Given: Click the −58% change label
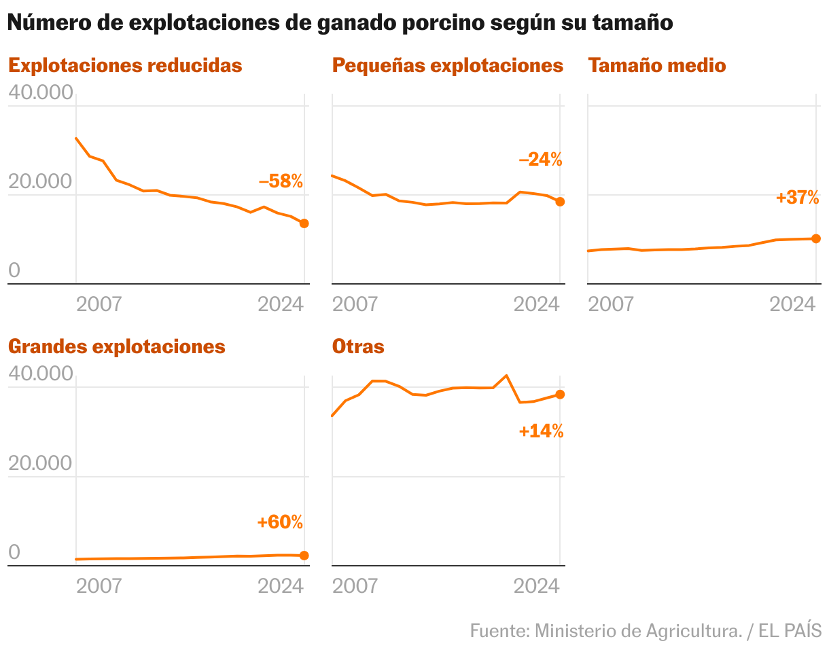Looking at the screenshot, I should point(281,181).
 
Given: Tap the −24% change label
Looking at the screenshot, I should point(540,160).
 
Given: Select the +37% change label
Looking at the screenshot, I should point(797,198).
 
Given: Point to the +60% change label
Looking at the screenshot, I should point(280,522).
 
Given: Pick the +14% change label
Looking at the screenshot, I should point(541,431).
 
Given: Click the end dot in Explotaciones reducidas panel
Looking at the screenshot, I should point(304,223).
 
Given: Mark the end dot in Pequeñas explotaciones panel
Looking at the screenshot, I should point(560,202).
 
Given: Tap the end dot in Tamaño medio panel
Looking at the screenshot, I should point(816,238).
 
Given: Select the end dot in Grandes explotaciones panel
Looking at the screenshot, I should point(304,556).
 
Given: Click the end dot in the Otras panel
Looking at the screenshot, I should point(560,395).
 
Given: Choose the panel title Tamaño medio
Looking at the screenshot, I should point(657,65).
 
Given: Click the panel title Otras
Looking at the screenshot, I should point(358,346).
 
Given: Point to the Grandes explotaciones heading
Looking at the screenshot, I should point(116,346).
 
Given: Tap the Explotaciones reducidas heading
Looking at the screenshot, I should point(125,65).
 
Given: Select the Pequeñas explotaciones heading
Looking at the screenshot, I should point(448,65).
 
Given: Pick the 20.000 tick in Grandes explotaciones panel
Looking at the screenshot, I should point(40,463).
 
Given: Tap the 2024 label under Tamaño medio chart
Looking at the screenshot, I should point(792,304).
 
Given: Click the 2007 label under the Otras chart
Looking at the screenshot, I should point(355,585).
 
